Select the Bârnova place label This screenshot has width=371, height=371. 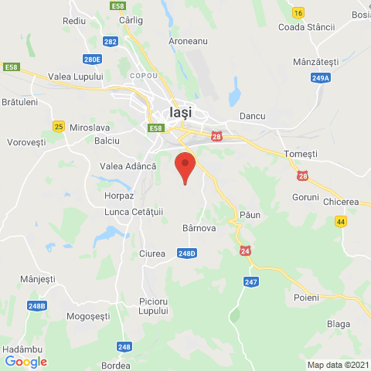[198, 228]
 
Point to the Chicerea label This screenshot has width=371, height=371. [342, 202]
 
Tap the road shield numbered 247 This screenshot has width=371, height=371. [250, 282]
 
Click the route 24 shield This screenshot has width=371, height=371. [246, 251]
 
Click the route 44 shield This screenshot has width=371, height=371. [341, 221]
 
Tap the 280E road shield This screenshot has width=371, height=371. [93, 59]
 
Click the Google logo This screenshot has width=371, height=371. [26, 361]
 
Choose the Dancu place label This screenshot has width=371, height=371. [253, 116]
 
